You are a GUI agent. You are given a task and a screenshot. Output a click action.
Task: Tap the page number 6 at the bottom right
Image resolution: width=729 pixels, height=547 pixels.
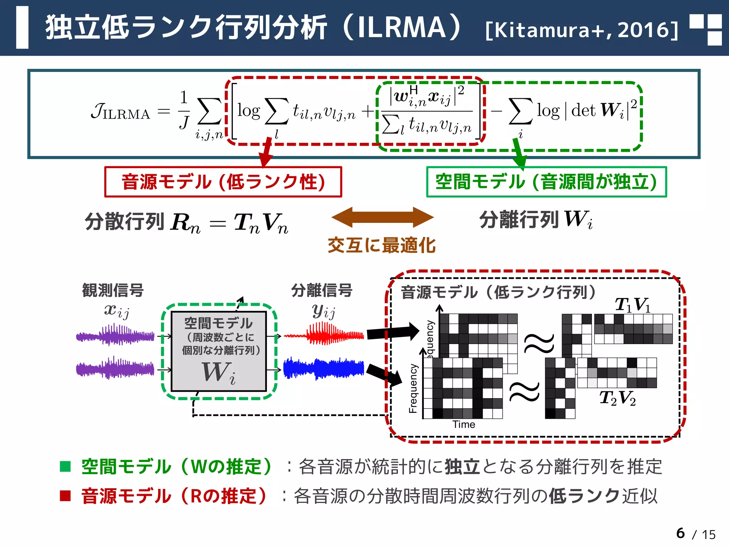click(680, 533)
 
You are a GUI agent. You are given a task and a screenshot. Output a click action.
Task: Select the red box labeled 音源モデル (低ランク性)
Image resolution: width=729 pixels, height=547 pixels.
click(223, 182)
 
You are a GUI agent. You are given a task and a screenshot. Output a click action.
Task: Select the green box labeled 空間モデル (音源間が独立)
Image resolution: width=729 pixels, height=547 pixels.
click(546, 182)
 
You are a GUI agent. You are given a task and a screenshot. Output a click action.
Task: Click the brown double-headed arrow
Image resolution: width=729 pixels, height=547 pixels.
click(382, 217)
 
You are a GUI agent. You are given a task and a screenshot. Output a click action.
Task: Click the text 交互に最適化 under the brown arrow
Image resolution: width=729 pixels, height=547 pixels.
click(382, 245)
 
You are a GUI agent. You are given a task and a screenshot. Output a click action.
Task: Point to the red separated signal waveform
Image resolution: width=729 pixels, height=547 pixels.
click(324, 334)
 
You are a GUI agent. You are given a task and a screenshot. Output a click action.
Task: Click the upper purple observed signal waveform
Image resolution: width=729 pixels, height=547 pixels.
click(115, 335)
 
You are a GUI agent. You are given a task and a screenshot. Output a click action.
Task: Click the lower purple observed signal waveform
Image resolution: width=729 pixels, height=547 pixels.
click(115, 368)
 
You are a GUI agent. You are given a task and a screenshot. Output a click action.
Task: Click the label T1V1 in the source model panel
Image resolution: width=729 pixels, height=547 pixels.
click(633, 305)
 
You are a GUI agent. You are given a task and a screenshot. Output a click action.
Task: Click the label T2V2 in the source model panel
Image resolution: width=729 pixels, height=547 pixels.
click(618, 398)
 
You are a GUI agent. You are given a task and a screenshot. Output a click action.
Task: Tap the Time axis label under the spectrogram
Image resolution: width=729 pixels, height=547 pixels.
click(464, 424)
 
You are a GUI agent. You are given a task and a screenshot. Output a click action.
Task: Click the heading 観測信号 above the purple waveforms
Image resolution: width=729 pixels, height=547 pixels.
click(113, 290)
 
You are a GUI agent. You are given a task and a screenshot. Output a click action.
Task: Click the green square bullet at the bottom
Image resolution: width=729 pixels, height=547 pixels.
click(65, 466)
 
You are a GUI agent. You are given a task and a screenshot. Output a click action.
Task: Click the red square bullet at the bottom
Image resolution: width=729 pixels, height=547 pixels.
click(65, 495)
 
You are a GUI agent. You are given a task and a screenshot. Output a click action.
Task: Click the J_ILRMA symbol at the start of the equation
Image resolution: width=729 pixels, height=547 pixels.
click(120, 112)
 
